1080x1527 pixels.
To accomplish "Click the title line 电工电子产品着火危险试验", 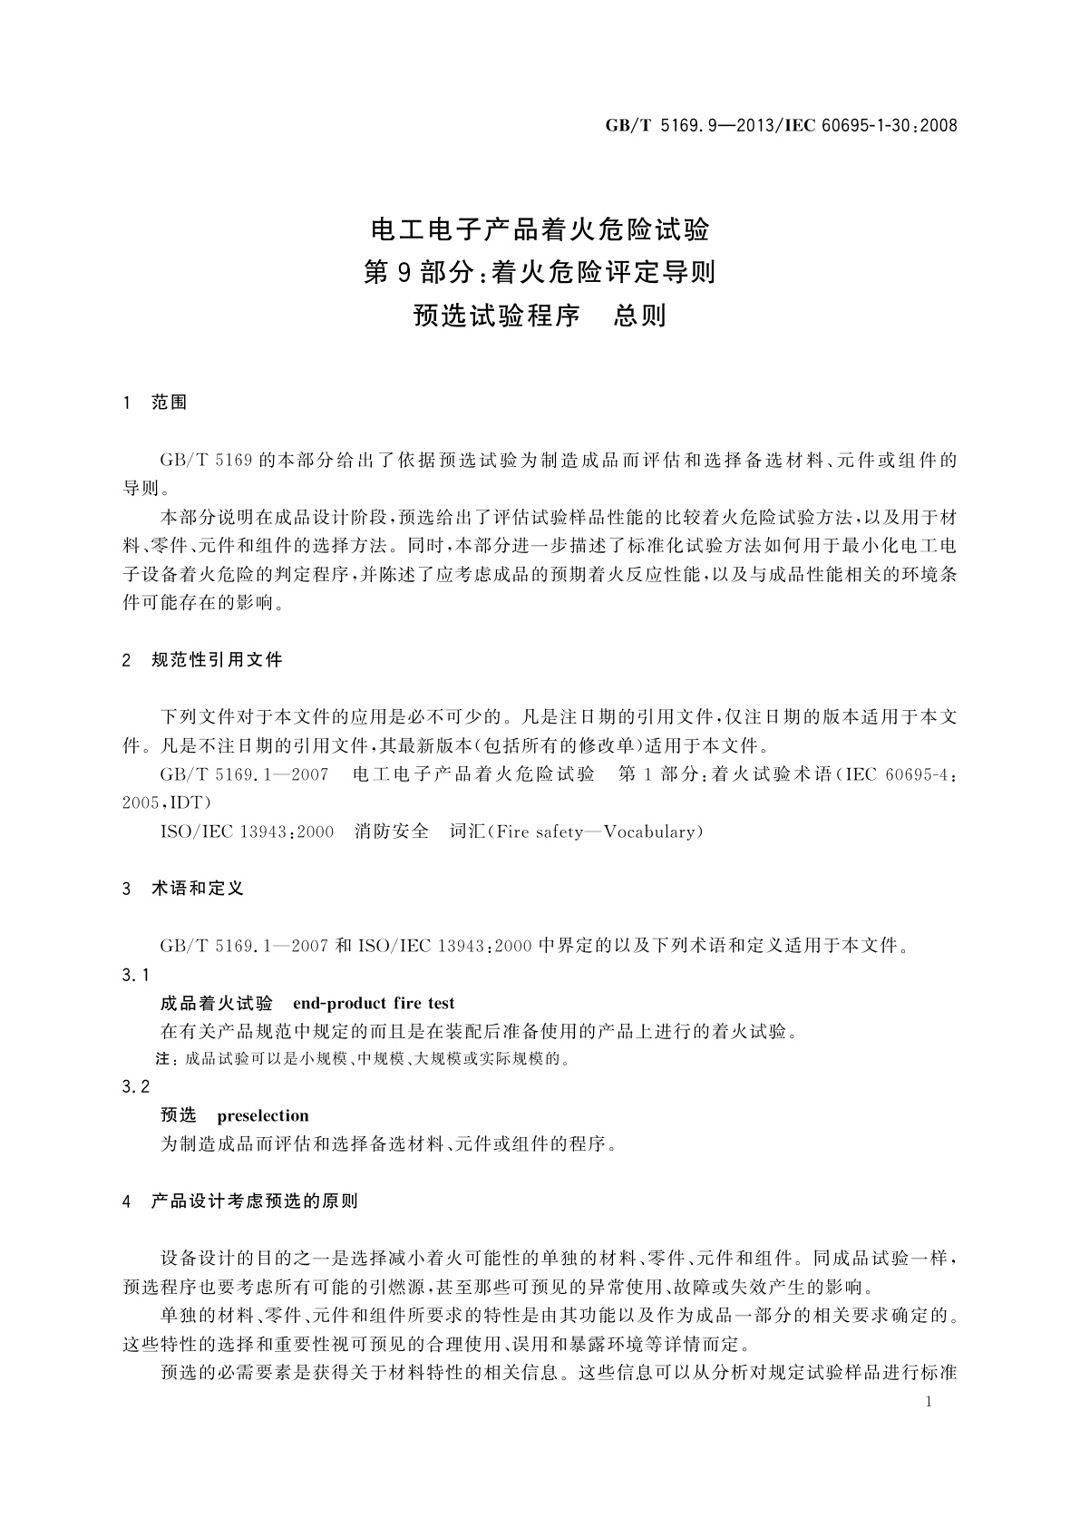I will pyautogui.click(x=540, y=230).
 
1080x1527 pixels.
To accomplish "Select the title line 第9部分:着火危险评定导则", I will pyautogui.click(x=540, y=272).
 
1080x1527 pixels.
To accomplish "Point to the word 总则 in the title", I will pyautogui.click(x=640, y=316).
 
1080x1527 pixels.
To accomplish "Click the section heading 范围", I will pyautogui.click(x=170, y=403).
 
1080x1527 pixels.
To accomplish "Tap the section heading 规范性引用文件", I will pyautogui.click(x=217, y=660).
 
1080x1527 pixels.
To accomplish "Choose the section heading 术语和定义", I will pyautogui.click(x=198, y=889).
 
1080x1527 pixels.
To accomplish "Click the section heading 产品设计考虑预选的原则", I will pyautogui.click(x=255, y=1201).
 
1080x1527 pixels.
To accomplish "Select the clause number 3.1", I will pyautogui.click(x=135, y=975).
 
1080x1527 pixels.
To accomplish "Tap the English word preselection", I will pyautogui.click(x=263, y=1115).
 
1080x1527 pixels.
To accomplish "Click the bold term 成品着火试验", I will pyautogui.click(x=217, y=1003).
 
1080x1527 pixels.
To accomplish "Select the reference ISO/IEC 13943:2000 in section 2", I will pyautogui.click(x=247, y=832).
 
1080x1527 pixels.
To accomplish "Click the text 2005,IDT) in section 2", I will pyautogui.click(x=168, y=802).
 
